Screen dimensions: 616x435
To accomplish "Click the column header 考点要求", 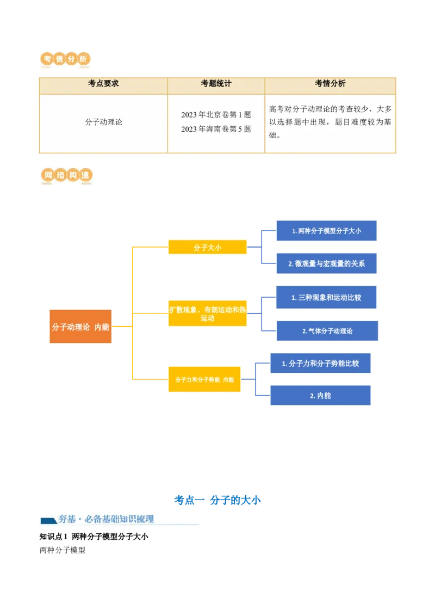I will click(x=103, y=84).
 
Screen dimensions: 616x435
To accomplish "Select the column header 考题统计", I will click(x=216, y=84).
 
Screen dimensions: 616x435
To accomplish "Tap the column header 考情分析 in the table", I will click(x=330, y=84).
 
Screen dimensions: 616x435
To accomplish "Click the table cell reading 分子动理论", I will click(x=103, y=122).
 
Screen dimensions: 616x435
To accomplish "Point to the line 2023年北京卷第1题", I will click(x=216, y=115).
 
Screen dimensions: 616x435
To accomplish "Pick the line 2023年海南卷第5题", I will click(x=216, y=130).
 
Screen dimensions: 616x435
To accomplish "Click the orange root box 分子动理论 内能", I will click(x=80, y=327).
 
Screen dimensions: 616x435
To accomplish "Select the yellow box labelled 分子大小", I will click(x=207, y=248).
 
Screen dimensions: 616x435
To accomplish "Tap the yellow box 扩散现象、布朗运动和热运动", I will click(x=207, y=314).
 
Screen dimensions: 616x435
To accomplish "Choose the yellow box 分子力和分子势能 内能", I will click(x=204, y=379).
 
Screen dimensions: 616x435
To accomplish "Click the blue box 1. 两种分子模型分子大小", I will click(x=326, y=231).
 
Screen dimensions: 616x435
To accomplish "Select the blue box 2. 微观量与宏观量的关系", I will click(x=326, y=264).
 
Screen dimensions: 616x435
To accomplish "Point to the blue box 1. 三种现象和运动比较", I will click(x=326, y=298).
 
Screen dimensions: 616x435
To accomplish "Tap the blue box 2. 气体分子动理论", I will click(x=327, y=331).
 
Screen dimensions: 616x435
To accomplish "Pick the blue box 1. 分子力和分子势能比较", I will click(x=321, y=364).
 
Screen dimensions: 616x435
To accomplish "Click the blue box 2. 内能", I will click(x=321, y=396).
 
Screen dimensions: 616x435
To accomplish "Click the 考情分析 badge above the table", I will click(x=65, y=59).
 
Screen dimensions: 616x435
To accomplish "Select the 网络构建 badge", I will click(x=66, y=176).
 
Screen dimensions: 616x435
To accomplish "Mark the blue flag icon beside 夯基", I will click(x=49, y=521).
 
